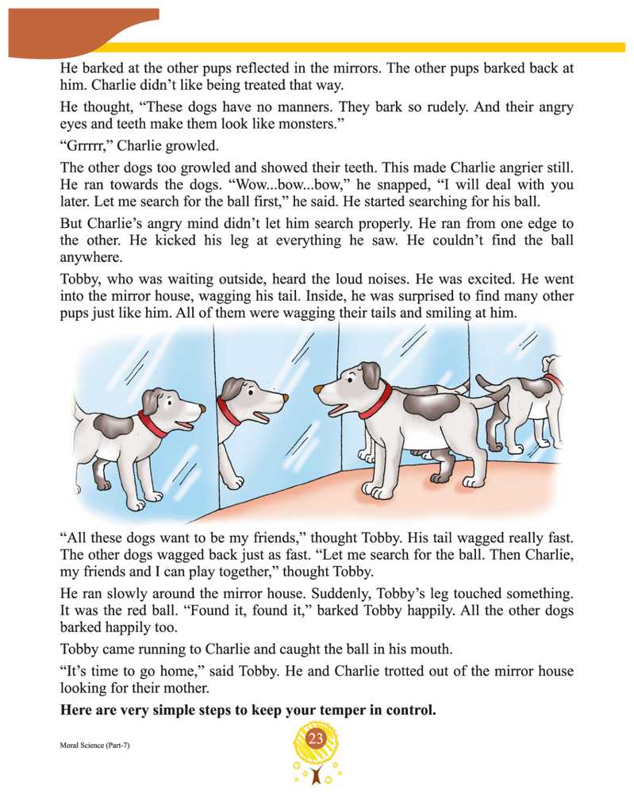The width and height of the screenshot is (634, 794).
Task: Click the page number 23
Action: click(316, 740)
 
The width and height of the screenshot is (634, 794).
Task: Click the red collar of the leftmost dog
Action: click(153, 424)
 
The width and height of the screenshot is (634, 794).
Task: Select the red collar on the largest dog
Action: click(376, 400)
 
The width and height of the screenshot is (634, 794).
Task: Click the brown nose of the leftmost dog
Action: click(201, 408)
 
